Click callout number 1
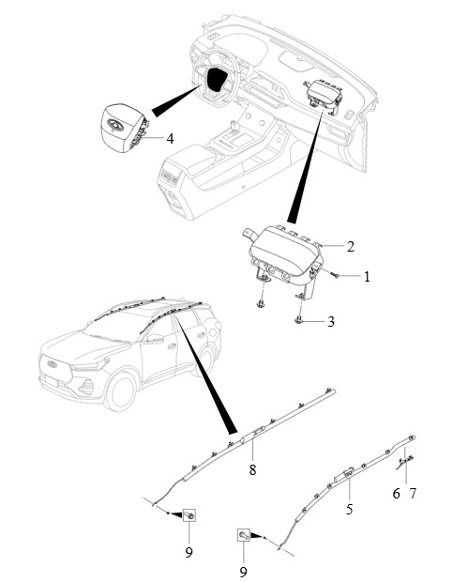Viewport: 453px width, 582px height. (x=367, y=277)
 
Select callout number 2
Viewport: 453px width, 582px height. (x=351, y=247)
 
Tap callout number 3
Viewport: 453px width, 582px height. (x=331, y=321)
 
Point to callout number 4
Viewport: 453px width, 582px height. (x=170, y=139)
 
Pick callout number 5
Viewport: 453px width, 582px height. (x=349, y=509)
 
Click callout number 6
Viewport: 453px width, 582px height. (x=397, y=493)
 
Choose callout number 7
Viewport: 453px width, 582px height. (x=413, y=493)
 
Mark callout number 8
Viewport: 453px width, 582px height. (x=252, y=470)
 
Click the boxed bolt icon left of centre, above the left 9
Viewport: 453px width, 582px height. (x=189, y=515)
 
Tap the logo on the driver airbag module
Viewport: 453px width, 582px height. (x=115, y=125)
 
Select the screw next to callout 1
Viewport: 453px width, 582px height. (x=335, y=275)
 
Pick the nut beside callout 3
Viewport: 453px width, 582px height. (x=298, y=319)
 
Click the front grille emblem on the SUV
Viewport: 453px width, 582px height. (x=51, y=364)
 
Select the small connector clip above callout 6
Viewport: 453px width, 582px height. (x=405, y=461)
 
